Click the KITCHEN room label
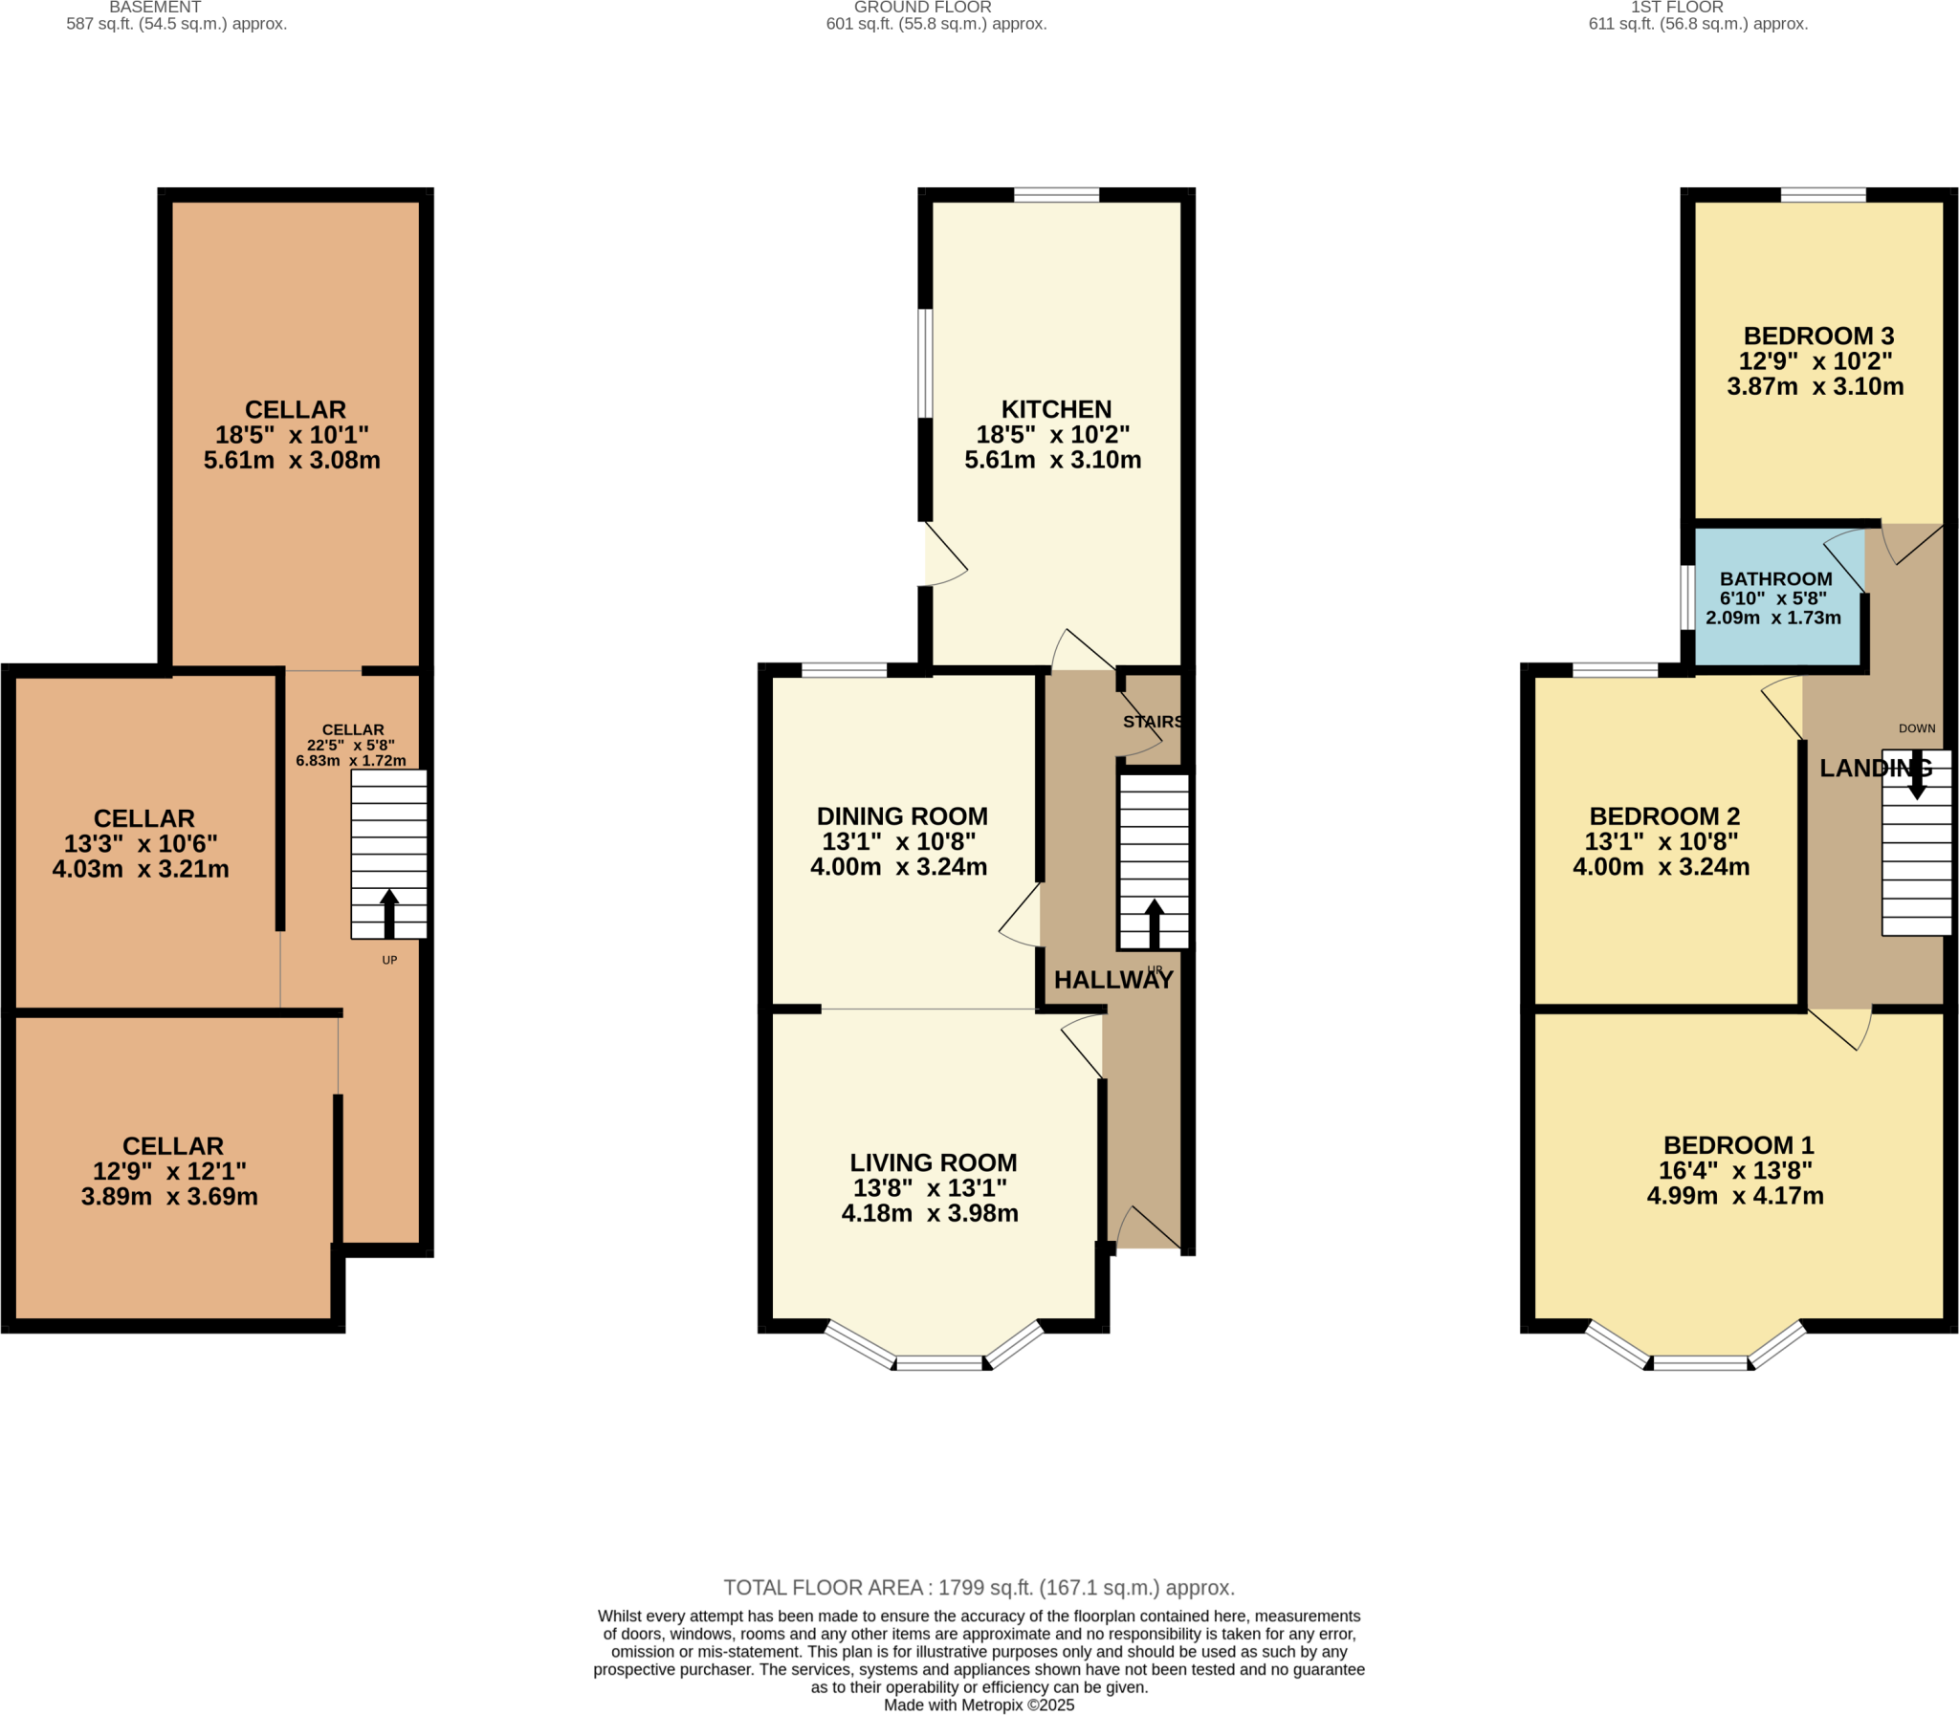coord(1056,409)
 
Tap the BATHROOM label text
coord(1775,579)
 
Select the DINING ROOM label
coord(902,816)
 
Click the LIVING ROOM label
coord(933,1162)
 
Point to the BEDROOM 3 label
coord(1818,336)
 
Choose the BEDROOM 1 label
coord(1738,1145)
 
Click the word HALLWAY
coord(1113,980)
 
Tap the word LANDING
coord(1875,768)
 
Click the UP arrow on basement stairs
coord(388,914)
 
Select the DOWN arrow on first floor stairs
coord(1916,776)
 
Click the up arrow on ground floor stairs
coord(1154,923)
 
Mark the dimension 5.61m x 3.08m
coord(292,461)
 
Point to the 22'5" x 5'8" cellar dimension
coord(350,746)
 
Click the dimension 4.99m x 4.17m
coord(1734,1196)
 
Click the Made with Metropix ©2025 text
coord(979,1705)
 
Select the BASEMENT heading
coord(155,8)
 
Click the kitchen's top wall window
coord(1056,195)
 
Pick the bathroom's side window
coord(1687,598)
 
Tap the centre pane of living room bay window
coord(939,1363)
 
